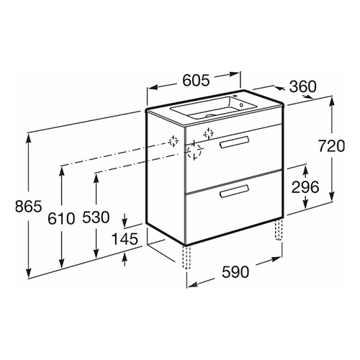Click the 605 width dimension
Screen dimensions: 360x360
coord(196,80)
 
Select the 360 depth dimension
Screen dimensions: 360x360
coord(303,86)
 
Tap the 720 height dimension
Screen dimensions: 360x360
coord(331,146)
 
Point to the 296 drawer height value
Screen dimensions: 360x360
coord(305,187)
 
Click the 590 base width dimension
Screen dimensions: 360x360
coord(235,272)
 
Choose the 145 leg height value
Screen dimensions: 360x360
coord(125,239)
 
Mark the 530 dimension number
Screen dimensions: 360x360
coord(96,217)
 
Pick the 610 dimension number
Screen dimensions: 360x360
coord(61,219)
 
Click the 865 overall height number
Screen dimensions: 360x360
coord(29,206)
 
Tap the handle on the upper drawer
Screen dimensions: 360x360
coord(235,143)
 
